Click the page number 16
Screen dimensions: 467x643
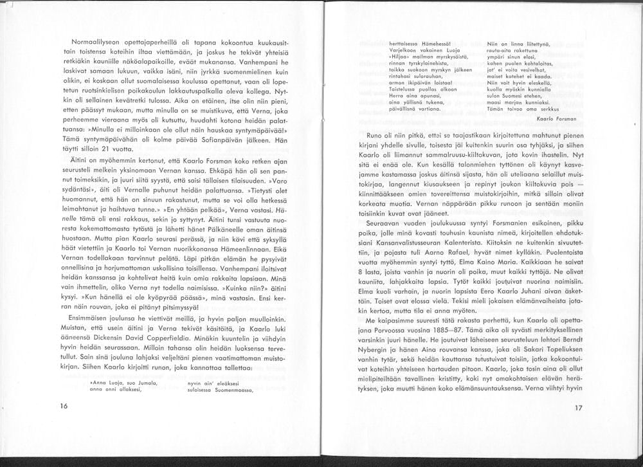coord(63,407)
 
